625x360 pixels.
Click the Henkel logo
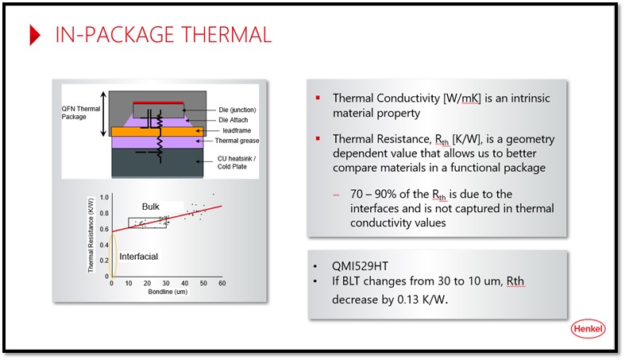pos(588,329)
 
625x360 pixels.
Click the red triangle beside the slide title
pos(35,35)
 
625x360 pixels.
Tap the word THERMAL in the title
pos(226,35)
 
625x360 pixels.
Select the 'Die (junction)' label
pos(237,110)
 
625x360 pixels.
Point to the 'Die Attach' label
pos(233,120)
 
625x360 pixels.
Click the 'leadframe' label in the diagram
pos(237,130)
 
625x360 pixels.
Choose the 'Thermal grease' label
pos(237,141)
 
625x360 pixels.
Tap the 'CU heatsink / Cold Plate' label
pos(237,163)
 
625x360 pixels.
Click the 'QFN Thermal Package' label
pos(80,113)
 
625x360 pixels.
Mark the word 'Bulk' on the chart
pos(151,207)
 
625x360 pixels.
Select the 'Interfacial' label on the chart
pos(139,257)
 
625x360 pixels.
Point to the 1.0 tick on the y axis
pos(104,197)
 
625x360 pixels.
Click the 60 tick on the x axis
pos(222,283)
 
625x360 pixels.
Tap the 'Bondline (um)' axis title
pos(168,292)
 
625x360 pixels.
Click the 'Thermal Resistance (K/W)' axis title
pos(91,234)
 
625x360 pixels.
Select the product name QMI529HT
pos(360,266)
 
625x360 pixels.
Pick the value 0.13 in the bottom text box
pos(407,300)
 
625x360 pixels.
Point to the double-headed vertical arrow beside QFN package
pos(103,114)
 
